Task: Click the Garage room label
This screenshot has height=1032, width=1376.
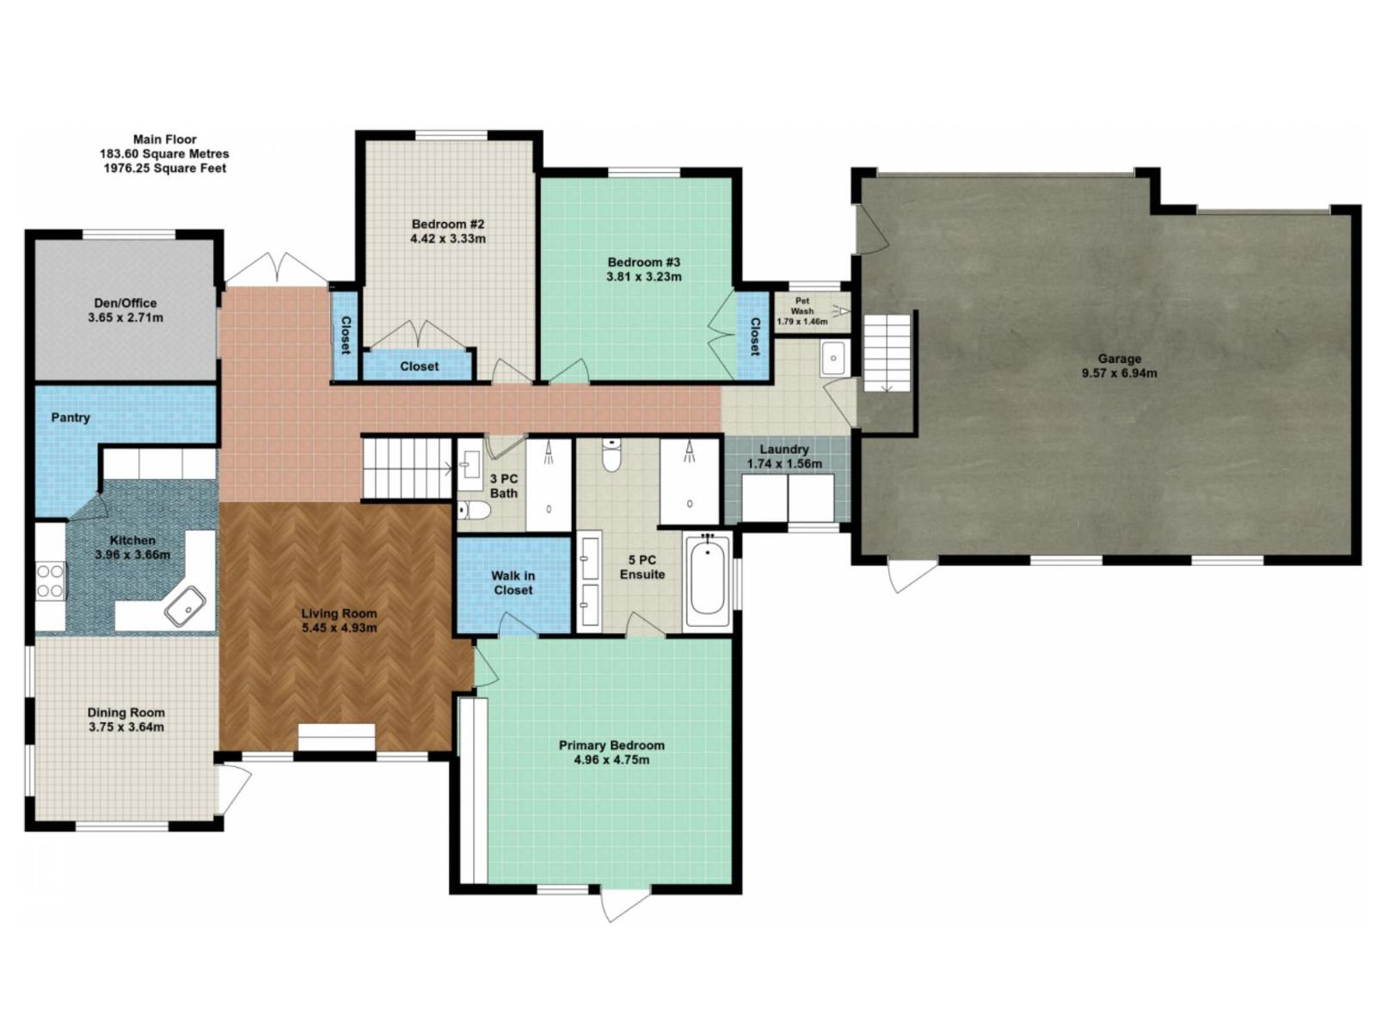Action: coord(1119,359)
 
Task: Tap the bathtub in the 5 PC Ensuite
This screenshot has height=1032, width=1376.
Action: coord(708,580)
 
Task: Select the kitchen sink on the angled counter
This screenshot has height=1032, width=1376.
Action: coord(184,605)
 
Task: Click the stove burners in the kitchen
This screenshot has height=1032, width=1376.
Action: coord(51,580)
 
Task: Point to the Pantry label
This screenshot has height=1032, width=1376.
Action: coord(71,417)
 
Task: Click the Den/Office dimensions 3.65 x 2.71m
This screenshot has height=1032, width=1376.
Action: coord(126,317)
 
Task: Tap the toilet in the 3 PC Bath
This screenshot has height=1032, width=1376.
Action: coord(473,511)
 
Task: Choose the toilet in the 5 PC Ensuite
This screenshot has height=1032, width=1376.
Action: coord(611,456)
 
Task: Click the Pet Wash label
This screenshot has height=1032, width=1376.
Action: coord(802,306)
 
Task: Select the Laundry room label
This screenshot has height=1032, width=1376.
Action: coord(783,449)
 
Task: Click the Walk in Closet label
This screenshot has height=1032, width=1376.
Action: coord(513,583)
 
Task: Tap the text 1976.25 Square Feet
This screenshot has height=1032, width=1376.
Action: coord(165,168)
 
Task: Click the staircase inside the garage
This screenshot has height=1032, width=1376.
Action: coord(886,353)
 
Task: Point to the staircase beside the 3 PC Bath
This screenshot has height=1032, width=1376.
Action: coord(406,467)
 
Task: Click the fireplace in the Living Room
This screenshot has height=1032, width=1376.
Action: coord(336,738)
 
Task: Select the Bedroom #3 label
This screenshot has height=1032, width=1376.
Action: coord(643,262)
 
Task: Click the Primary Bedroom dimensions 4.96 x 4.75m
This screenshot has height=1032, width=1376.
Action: coord(611,760)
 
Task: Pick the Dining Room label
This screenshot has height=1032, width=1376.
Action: coord(126,712)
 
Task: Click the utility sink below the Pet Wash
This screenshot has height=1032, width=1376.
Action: coord(832,358)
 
